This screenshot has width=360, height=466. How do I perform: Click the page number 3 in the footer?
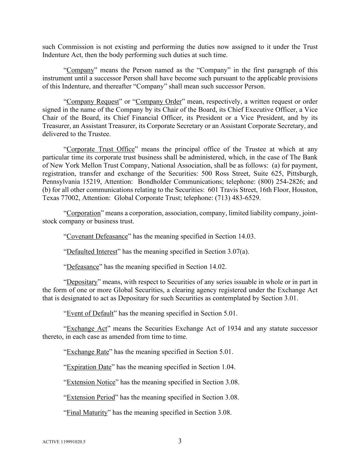coord(180,441)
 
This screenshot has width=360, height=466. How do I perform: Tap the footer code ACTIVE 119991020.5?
coord(64,442)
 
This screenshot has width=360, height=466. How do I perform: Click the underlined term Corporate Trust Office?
coord(101,149)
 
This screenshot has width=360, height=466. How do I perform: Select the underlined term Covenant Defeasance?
coord(97,236)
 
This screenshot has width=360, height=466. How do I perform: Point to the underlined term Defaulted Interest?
coord(92,252)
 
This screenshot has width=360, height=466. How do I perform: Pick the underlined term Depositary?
coord(82,282)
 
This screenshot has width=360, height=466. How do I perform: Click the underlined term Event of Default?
coord(90,313)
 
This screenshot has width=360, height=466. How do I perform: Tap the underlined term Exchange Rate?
coord(88,352)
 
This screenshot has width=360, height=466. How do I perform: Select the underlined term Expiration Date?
coord(89,367)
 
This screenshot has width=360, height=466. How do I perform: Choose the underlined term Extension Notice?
coord(91,382)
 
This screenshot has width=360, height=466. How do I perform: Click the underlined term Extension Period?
coord(91,397)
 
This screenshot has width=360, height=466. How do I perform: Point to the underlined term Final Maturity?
coord(87,412)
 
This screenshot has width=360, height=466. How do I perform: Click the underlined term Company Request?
coord(92,101)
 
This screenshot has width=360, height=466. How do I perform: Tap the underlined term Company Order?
coord(159,101)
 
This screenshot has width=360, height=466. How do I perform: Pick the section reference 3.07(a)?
coord(238,252)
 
